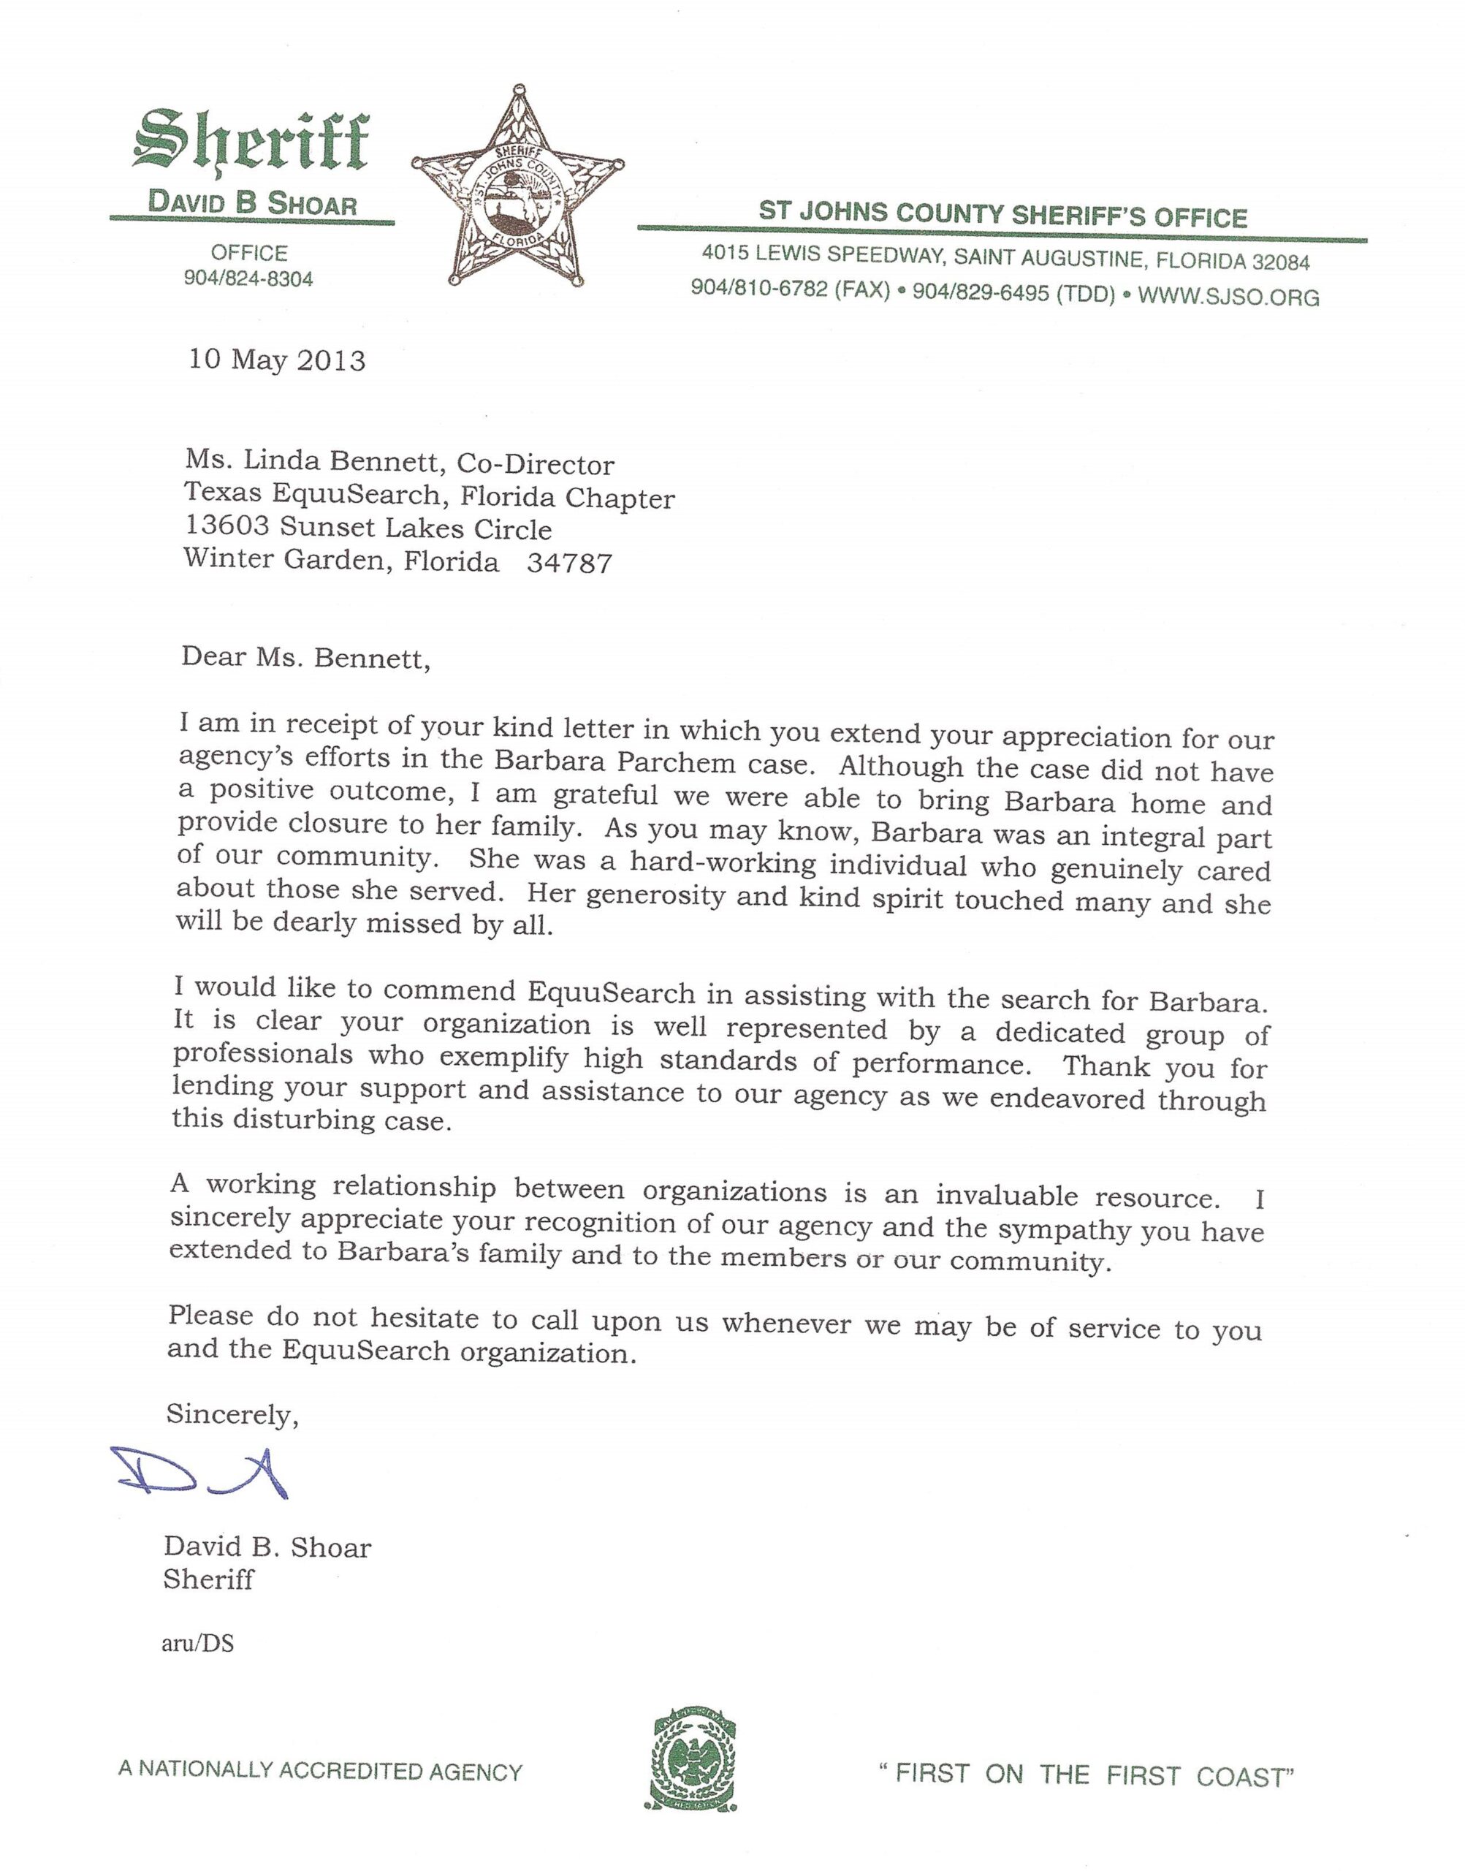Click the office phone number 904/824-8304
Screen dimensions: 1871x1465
(x=248, y=278)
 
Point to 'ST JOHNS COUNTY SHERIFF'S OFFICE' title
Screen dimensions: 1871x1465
(x=1002, y=213)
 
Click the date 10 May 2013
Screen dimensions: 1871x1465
(x=277, y=360)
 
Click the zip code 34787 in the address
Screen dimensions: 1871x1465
(x=569, y=563)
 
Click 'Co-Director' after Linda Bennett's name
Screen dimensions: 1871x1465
(x=536, y=464)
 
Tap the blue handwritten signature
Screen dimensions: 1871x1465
(x=201, y=1473)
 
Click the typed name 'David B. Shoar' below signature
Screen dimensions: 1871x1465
(x=267, y=1546)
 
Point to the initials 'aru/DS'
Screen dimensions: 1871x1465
(x=197, y=1643)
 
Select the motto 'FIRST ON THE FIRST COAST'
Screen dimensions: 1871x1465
(x=1086, y=1774)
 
